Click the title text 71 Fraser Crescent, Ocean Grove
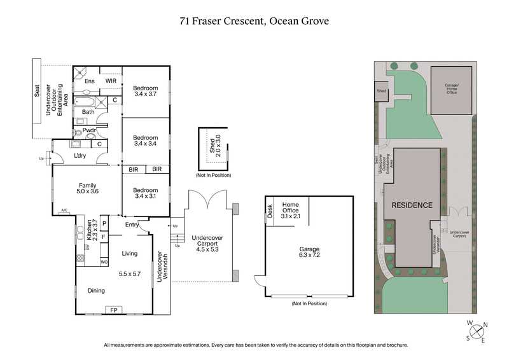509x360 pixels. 254,21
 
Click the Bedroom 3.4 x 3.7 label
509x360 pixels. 145,90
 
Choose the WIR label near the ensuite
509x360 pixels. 110,81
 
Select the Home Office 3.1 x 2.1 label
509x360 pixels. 290,210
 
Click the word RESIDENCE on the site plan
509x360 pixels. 412,205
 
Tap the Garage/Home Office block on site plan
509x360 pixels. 451,89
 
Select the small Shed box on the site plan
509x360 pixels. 381,91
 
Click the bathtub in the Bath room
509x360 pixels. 88,101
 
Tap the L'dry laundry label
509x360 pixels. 80,156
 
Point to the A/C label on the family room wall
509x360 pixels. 64,211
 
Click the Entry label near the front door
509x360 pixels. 132,225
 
